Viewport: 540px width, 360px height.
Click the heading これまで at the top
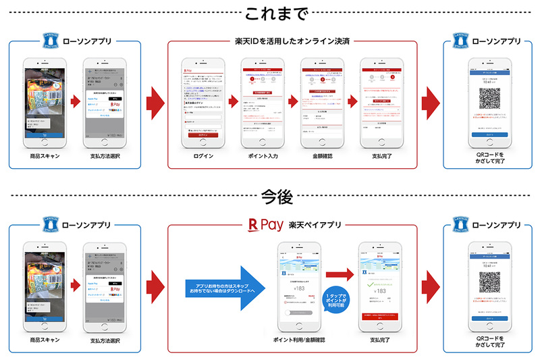click(270, 14)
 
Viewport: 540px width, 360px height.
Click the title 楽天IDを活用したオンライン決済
click(292, 41)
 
